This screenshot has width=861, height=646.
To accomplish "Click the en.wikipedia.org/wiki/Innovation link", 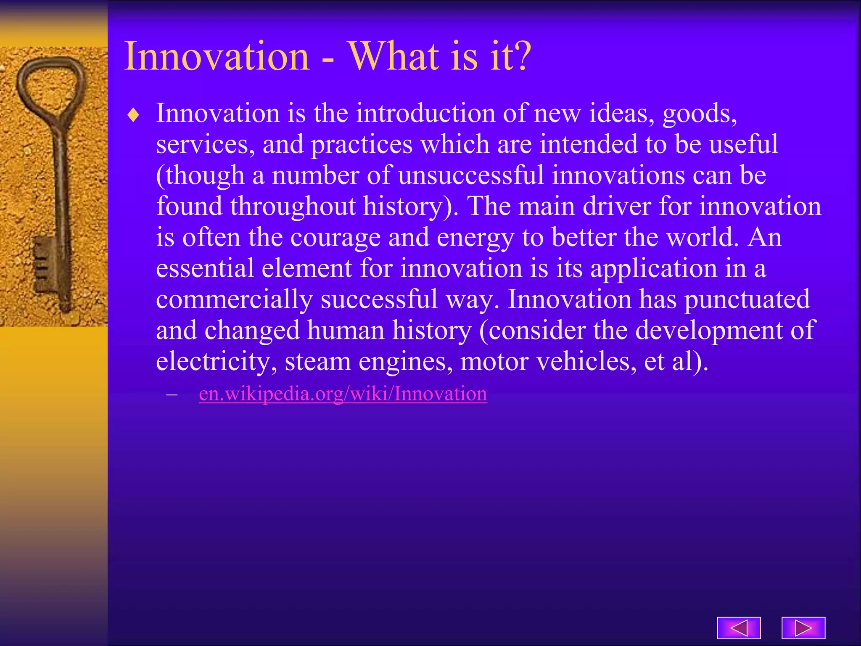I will pyautogui.click(x=343, y=394).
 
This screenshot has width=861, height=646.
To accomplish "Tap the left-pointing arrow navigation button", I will pyautogui.click(x=739, y=628).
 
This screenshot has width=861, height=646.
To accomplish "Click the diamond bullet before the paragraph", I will pyautogui.click(x=133, y=115).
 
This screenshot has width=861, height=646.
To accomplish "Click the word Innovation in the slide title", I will pyautogui.click(x=217, y=56).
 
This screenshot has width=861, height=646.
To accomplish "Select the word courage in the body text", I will pyautogui.click(x=335, y=238).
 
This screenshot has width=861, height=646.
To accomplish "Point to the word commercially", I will pyautogui.click(x=234, y=299).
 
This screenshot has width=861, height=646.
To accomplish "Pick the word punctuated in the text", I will pyautogui.click(x=747, y=299).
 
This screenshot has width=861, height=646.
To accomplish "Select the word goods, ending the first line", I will pyautogui.click(x=700, y=114).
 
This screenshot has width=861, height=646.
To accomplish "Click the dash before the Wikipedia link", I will pyautogui.click(x=172, y=394).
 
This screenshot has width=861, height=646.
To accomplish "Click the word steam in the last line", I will pyautogui.click(x=317, y=361).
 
